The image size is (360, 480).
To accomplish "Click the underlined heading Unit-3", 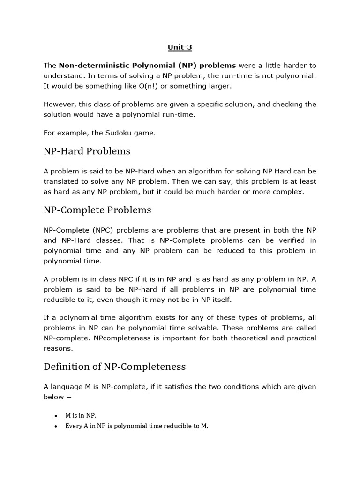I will tap(180, 47).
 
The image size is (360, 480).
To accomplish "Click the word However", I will tap(59, 104).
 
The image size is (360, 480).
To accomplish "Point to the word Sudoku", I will tap(120, 133).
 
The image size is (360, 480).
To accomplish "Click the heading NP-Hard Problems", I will tap(87, 151).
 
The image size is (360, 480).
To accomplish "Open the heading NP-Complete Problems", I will tap(97, 210).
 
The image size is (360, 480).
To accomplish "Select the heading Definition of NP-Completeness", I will tap(114, 366).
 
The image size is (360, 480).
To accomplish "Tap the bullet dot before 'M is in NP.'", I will tap(56, 416).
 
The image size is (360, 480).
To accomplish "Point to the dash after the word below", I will tap(69, 397).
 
